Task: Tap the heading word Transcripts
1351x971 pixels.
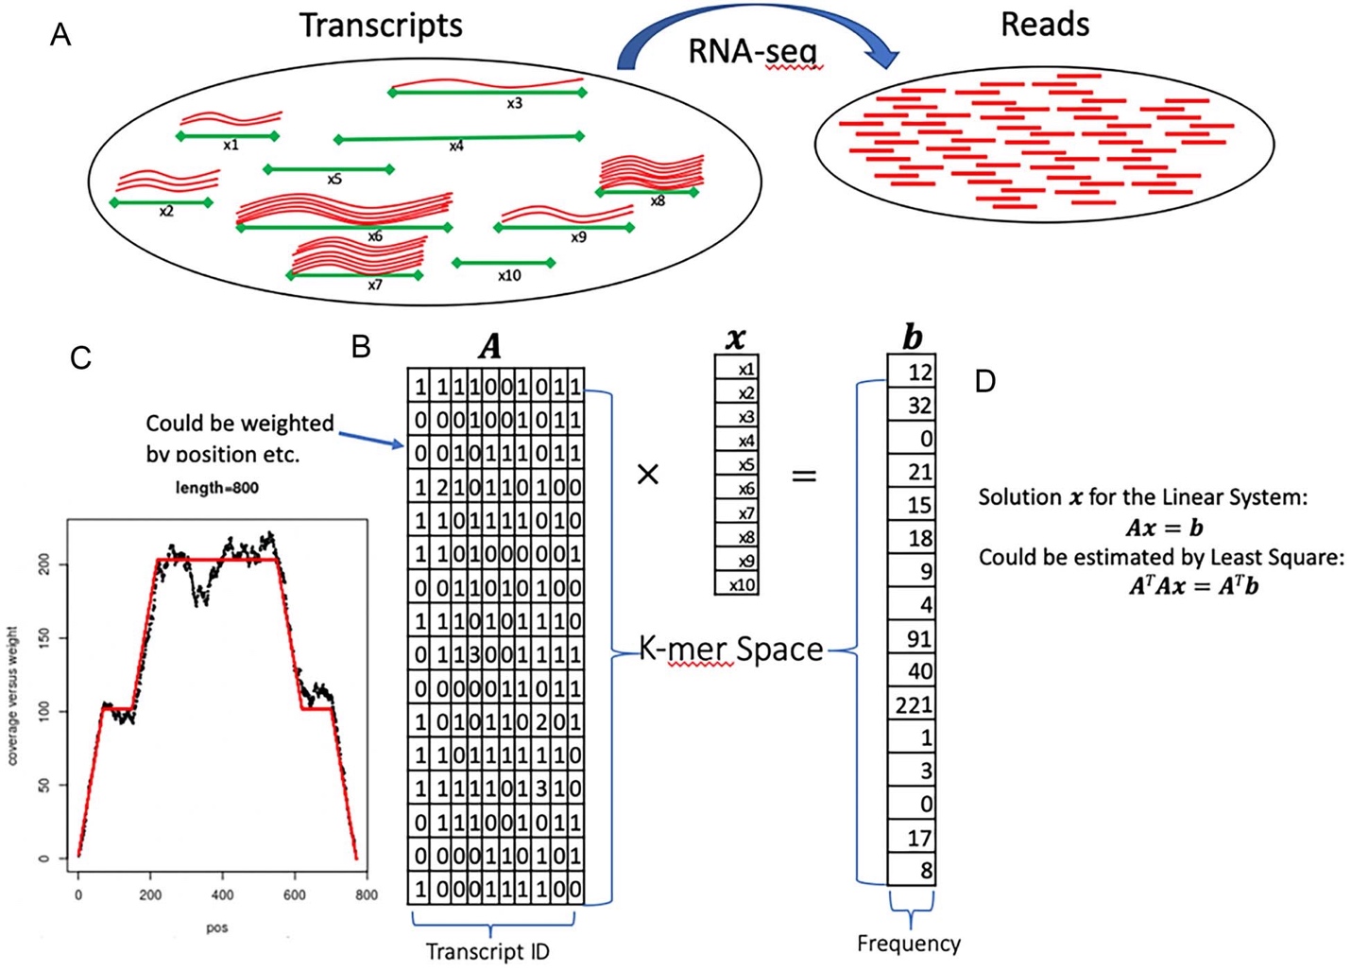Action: click(381, 26)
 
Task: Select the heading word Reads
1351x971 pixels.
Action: click(1044, 25)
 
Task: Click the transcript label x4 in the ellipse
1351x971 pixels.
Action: click(456, 147)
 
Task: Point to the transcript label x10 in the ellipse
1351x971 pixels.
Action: click(509, 276)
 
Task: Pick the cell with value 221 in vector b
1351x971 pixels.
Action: click(913, 704)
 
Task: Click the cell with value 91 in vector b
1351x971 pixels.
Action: click(913, 638)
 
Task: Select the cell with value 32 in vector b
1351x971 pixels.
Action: click(913, 405)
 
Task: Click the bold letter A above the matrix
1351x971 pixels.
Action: click(489, 348)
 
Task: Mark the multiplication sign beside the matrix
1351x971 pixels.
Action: click(648, 474)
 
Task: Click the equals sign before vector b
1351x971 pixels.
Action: click(803, 476)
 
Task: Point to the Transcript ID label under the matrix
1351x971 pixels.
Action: click(487, 951)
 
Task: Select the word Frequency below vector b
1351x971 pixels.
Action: click(909, 943)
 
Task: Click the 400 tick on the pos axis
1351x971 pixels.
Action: click(222, 894)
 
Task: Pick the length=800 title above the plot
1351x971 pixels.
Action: click(217, 488)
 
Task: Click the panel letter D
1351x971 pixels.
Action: click(985, 381)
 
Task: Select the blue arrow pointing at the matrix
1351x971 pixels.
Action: click(371, 438)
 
